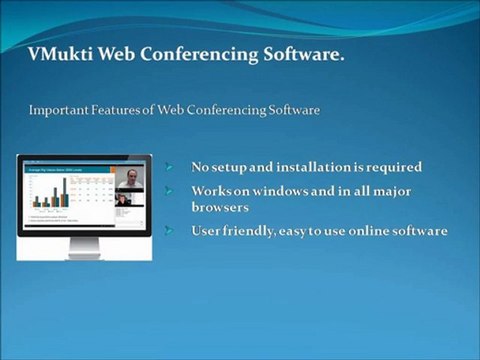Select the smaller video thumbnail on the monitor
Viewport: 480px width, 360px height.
tap(124, 200)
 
